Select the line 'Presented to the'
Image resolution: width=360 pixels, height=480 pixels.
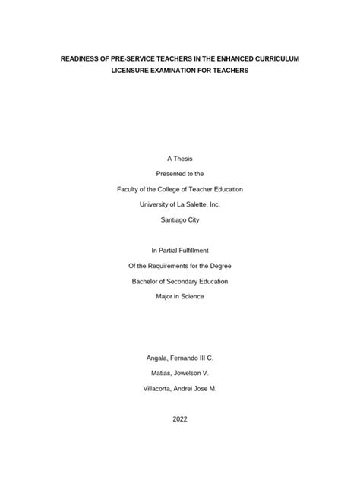(179, 173)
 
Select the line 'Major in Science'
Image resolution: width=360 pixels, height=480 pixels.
(179, 297)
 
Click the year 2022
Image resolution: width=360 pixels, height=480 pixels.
(179, 418)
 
